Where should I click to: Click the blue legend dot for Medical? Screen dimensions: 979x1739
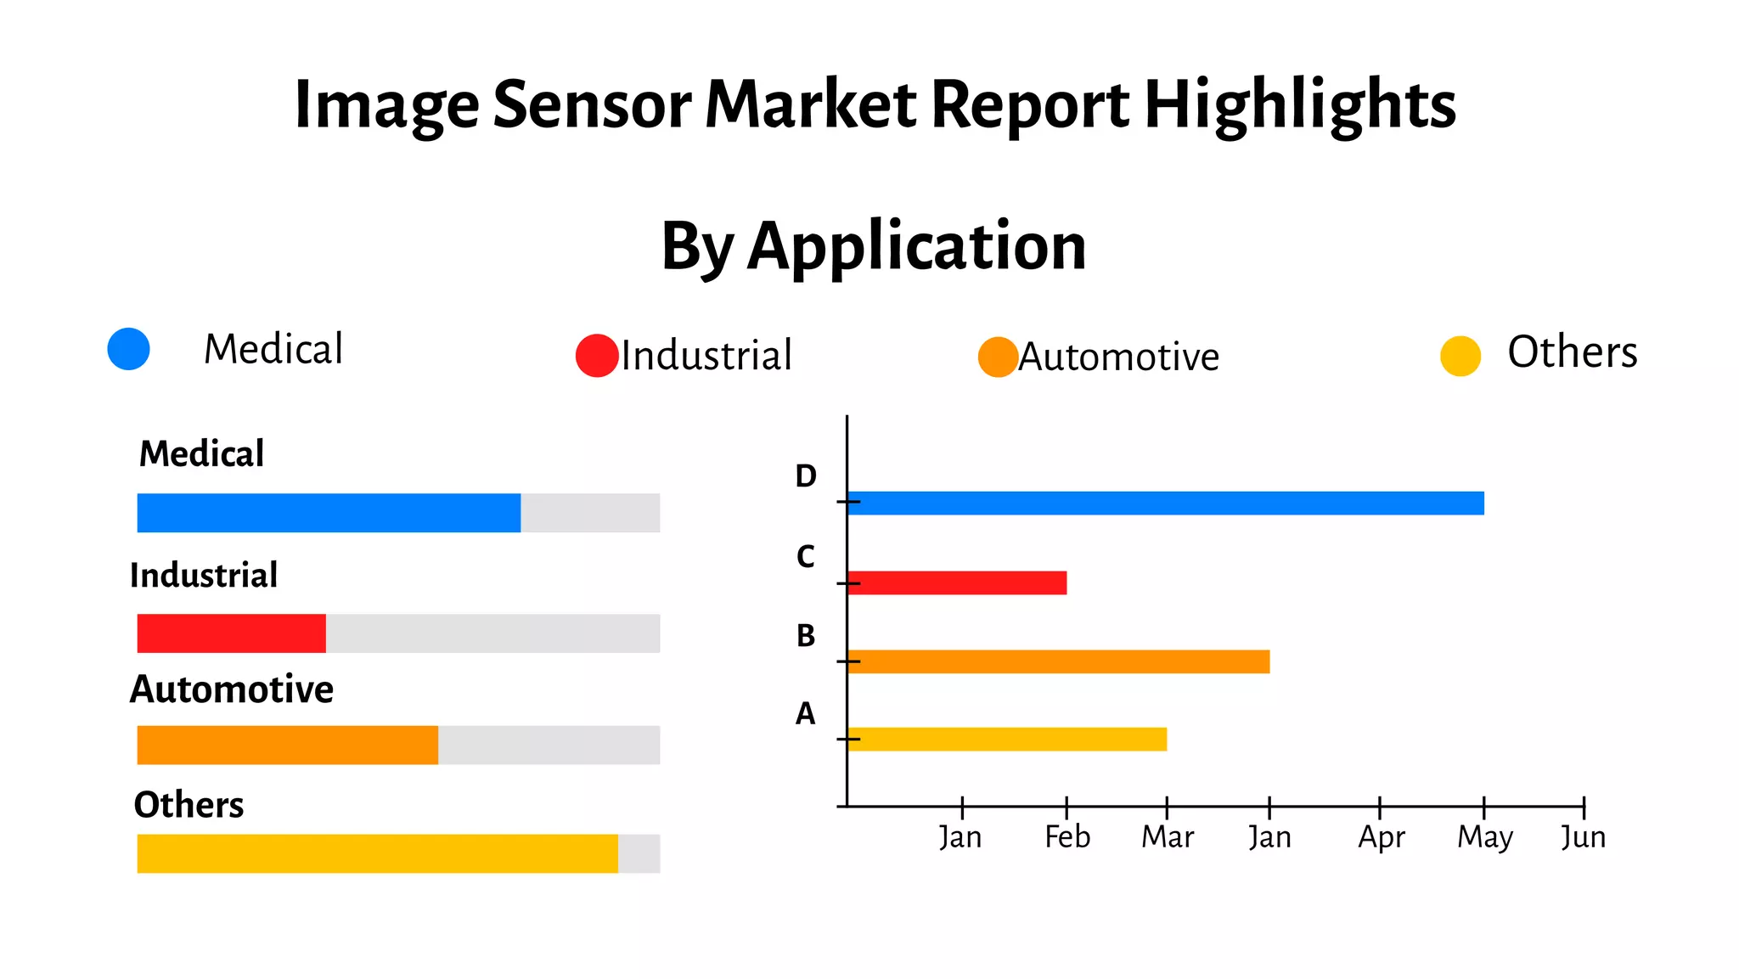coord(129,349)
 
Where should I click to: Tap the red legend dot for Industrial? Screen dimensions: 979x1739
coord(597,356)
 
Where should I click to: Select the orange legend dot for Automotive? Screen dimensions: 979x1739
coord(998,357)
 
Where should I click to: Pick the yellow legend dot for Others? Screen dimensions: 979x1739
coord(1460,356)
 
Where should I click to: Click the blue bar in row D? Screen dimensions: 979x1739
coord(1165,503)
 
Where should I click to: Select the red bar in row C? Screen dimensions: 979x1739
coord(957,582)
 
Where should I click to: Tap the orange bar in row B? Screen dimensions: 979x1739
coord(1058,661)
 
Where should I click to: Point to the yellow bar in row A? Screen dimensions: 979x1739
coord(1007,739)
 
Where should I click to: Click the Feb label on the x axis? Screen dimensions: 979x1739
coord(1067,837)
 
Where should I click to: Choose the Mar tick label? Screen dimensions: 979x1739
coord(1168,837)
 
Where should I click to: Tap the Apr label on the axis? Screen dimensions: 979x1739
coord(1382,838)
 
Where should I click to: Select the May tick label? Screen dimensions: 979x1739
coord(1485,838)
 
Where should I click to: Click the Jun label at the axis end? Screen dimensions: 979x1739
coord(1584,838)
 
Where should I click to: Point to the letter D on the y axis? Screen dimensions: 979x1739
coord(806,476)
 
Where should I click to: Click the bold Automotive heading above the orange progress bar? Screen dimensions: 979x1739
coord(232,689)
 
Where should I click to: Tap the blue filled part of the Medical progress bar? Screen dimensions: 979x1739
coord(329,513)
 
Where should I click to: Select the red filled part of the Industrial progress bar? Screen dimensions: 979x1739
coord(231,633)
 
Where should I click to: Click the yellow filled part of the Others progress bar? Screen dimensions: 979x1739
coord(377,853)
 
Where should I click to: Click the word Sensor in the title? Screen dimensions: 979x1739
coord(592,104)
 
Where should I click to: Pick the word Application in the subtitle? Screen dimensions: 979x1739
coord(916,246)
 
